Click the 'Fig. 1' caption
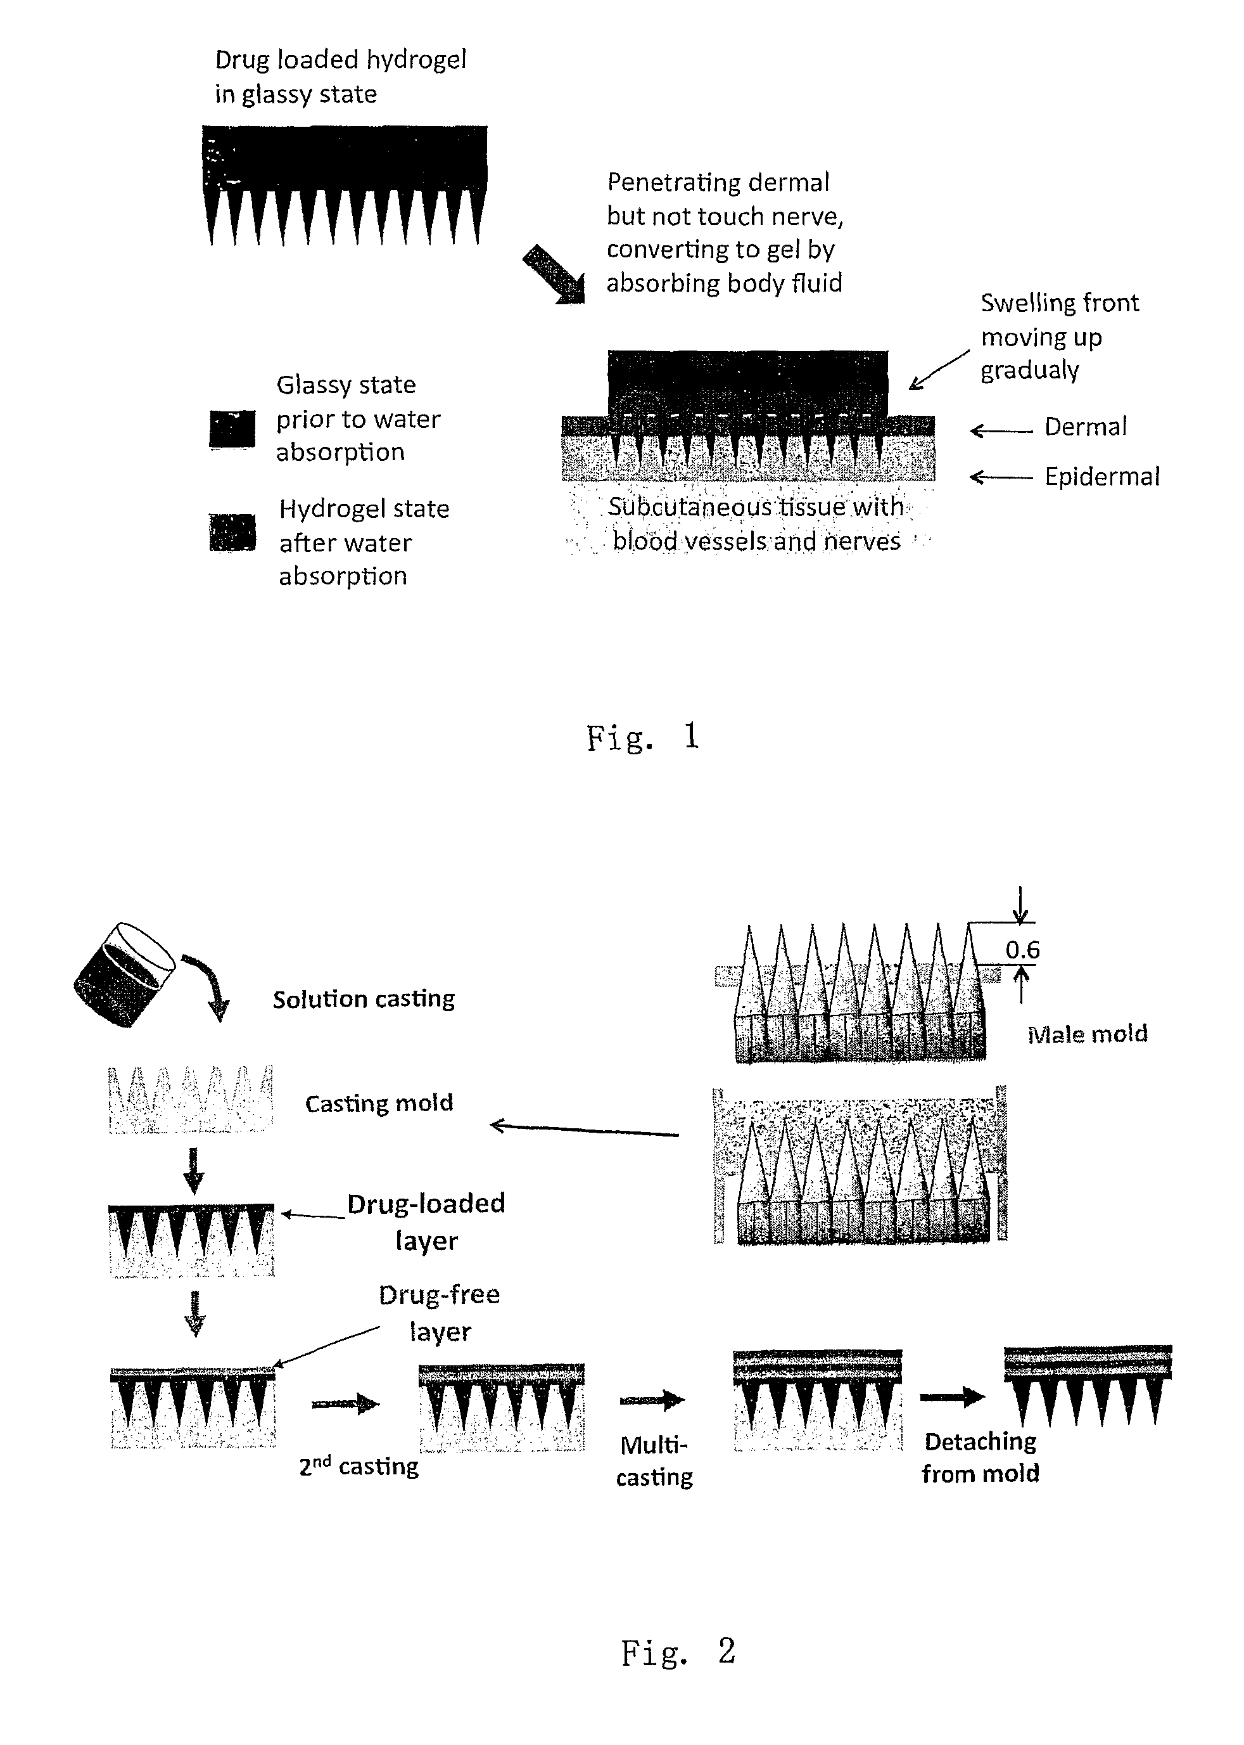tap(642, 737)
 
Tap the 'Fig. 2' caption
tap(677, 1652)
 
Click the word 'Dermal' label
tap(1086, 427)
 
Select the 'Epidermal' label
tap(1101, 477)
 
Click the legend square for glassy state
tap(232, 429)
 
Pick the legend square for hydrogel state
tap(232, 532)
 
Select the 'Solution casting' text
tap(364, 1000)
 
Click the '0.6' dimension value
tap(1022, 950)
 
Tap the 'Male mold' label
tap(1087, 1034)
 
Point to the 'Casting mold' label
tap(379, 1104)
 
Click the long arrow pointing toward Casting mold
tap(584, 1129)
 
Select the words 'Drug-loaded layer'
tap(426, 1221)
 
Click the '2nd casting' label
tap(359, 1466)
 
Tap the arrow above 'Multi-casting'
tap(651, 1401)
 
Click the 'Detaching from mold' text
tap(981, 1458)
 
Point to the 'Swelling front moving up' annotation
tap(1060, 337)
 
